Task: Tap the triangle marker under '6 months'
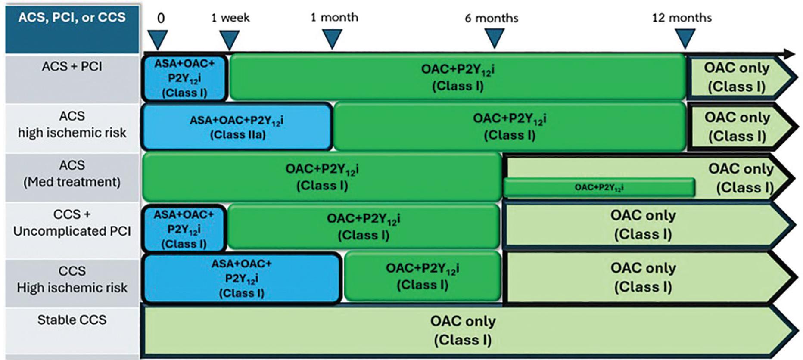point(494,38)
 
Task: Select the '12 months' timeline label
point(682,18)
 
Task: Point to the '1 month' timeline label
point(334,18)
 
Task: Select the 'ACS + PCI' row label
point(72,67)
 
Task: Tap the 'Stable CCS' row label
point(72,320)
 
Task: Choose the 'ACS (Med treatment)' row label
point(72,174)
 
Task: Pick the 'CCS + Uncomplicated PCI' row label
point(72,223)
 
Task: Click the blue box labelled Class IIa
point(237,127)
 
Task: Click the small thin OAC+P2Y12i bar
point(599,188)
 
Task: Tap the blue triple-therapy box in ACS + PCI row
point(184,78)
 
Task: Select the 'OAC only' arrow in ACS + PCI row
point(737,78)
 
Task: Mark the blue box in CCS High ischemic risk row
point(241,278)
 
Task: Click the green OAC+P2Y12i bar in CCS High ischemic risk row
point(422,276)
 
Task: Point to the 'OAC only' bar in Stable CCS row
point(463,330)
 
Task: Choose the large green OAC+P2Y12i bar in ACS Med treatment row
point(322,177)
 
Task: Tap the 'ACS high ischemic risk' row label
point(72,124)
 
